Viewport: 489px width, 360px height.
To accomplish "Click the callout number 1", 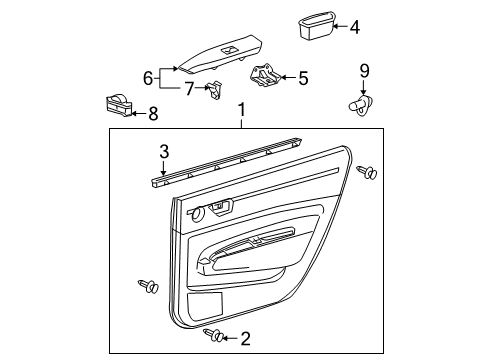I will (x=241, y=109).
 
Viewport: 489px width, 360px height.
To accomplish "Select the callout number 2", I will (x=244, y=339).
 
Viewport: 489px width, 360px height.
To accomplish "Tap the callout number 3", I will (x=164, y=152).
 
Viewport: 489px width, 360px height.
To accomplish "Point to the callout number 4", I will (x=354, y=28).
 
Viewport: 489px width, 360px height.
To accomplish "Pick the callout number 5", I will (x=304, y=76).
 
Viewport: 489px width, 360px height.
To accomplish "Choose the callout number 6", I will (x=149, y=77).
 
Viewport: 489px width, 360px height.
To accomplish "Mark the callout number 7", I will (x=187, y=89).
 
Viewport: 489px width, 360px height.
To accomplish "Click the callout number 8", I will (x=153, y=114).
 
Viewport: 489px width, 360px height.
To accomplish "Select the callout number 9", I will (x=364, y=69).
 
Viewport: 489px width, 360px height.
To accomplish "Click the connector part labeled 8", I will (x=119, y=104).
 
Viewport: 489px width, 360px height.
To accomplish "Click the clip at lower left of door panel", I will (x=149, y=289).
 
